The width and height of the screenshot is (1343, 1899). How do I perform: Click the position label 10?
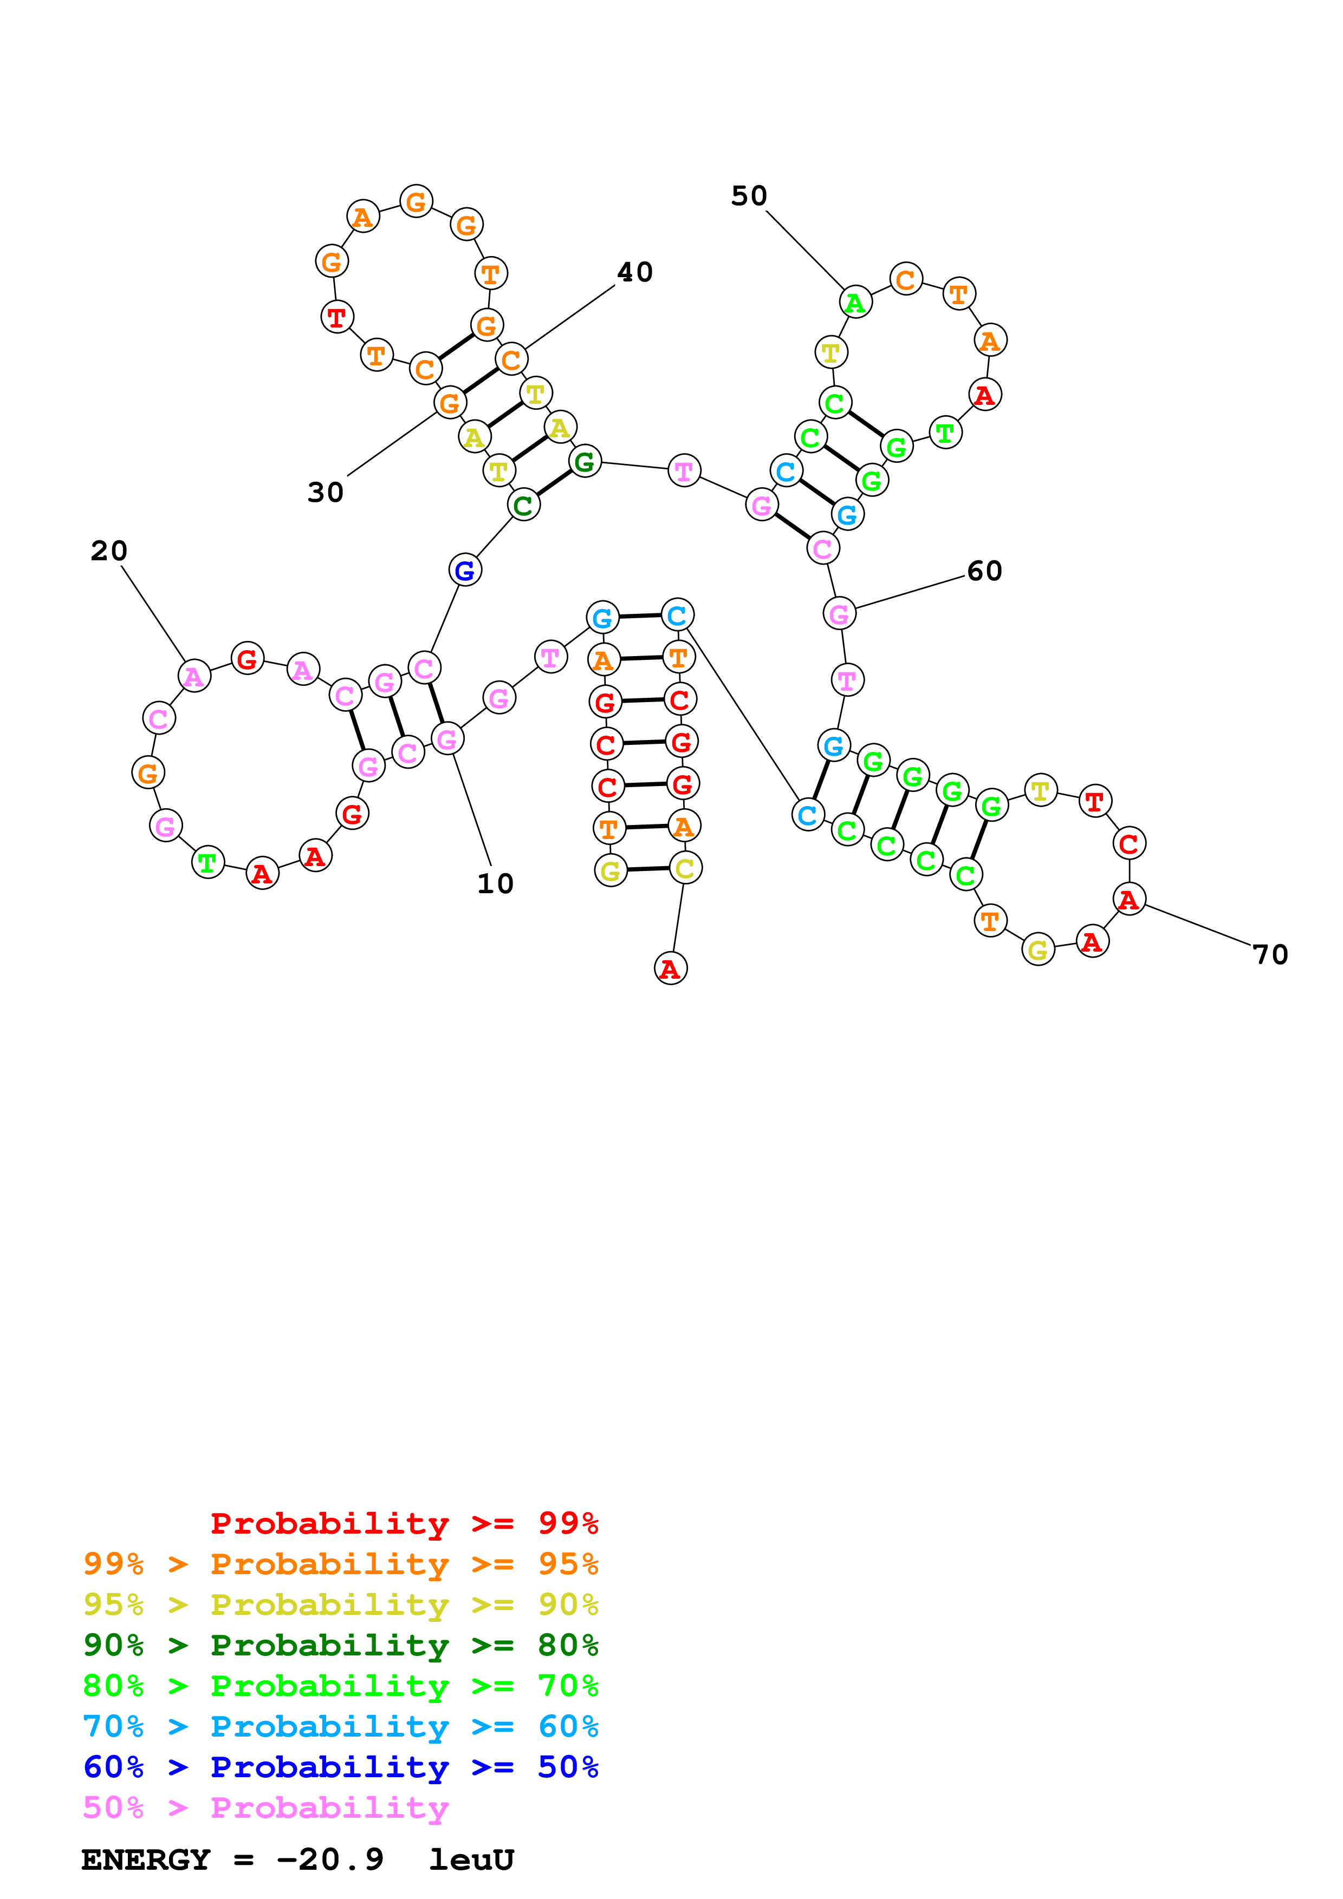point(495,883)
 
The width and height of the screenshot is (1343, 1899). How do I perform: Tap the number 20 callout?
point(108,551)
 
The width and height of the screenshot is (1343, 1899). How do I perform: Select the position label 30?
point(325,492)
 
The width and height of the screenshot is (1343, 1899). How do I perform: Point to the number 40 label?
point(635,272)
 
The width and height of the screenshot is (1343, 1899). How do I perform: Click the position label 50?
point(749,196)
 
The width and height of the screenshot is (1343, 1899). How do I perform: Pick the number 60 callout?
point(984,571)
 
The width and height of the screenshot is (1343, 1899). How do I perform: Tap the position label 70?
point(1270,954)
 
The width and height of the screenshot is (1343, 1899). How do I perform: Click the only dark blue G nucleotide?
point(465,570)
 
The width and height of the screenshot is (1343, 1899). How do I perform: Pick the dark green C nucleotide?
point(523,505)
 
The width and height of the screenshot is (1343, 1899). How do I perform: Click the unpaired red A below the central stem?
point(670,968)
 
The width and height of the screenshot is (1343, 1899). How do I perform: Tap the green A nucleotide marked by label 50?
point(855,303)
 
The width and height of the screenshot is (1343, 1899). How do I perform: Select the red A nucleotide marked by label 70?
point(1128,899)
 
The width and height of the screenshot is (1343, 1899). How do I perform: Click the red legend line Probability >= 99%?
point(404,1523)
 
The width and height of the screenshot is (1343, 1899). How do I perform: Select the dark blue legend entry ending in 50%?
point(340,1767)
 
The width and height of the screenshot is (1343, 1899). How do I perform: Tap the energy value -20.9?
point(331,1860)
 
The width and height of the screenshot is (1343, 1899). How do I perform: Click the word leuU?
point(472,1860)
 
